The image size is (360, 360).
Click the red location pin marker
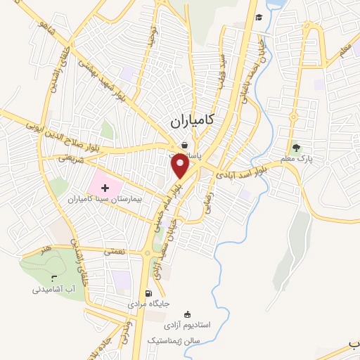[181, 166]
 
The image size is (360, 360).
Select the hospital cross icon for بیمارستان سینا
[105, 188]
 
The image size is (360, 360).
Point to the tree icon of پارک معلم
[297, 148]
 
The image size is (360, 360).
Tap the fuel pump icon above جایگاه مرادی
[148, 294]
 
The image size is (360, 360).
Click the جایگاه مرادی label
[148, 306]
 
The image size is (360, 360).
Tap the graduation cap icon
[259, 17]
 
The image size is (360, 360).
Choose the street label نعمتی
[114, 250]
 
